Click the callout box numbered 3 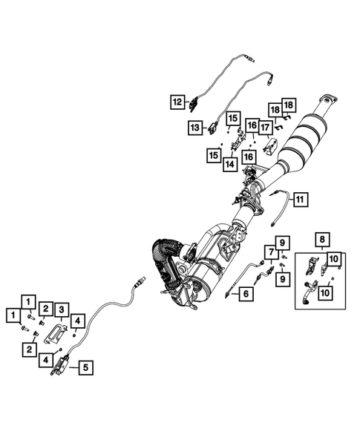[63, 309]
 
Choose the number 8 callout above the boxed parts [321, 239]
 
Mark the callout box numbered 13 [194, 128]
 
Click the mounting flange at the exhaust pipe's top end [324, 102]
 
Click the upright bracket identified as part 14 [238, 140]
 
